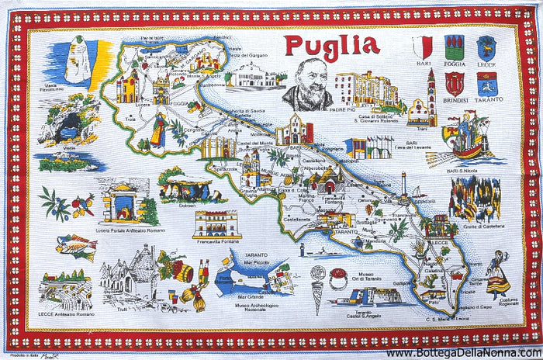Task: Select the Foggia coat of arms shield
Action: (455, 46)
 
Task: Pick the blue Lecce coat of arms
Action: (486, 46)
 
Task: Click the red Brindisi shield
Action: (455, 82)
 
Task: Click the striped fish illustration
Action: (75, 246)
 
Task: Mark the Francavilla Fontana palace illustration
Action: (217, 223)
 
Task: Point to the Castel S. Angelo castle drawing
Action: (365, 296)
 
